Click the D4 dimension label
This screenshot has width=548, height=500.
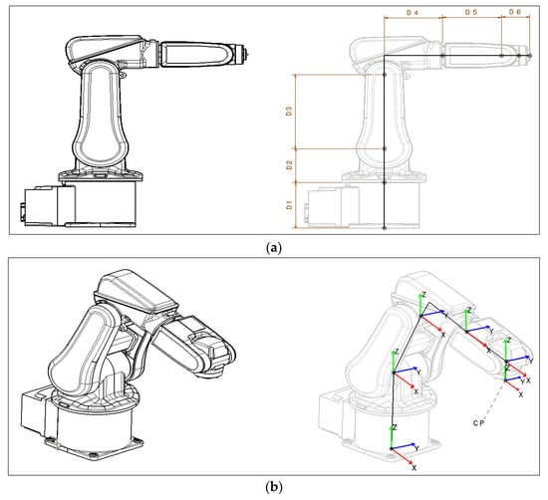point(412,13)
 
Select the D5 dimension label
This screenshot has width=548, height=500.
point(471,12)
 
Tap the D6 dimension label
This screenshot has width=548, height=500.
point(515,12)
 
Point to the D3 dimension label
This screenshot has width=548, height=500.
point(289,112)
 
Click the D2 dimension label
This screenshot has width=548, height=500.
point(289,165)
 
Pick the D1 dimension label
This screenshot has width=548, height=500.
point(289,205)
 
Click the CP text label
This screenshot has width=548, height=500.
point(479,423)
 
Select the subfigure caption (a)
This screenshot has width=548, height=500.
point(274,248)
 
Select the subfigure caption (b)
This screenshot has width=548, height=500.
point(274,486)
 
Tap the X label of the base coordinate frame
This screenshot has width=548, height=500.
point(414,467)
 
